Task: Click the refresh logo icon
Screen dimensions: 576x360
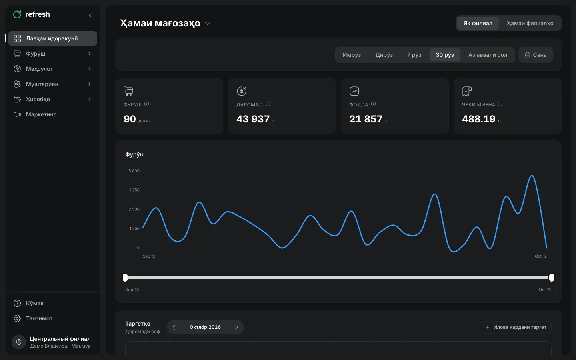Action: click(x=17, y=14)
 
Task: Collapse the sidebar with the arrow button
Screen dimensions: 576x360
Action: click(x=90, y=16)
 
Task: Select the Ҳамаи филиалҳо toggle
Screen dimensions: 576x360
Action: click(x=530, y=23)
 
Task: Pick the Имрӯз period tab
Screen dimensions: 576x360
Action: click(x=352, y=55)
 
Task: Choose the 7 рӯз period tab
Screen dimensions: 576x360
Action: click(x=414, y=55)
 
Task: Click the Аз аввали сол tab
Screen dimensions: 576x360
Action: click(x=488, y=55)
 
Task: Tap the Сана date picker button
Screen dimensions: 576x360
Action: click(x=536, y=55)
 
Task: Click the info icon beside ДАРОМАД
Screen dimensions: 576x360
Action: click(x=268, y=104)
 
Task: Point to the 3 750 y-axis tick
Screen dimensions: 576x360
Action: click(x=134, y=190)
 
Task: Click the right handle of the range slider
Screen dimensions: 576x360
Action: click(x=551, y=278)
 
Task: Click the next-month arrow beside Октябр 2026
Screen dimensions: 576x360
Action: click(x=236, y=327)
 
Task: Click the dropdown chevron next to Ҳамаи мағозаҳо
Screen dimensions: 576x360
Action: click(x=208, y=23)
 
